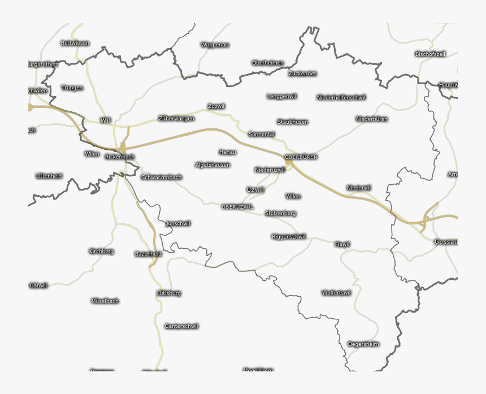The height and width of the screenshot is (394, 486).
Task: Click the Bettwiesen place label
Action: point(75,43)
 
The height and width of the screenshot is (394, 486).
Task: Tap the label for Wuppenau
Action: point(215,45)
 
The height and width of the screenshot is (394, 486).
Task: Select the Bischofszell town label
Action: point(431,54)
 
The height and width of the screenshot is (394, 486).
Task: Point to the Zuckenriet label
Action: point(302,73)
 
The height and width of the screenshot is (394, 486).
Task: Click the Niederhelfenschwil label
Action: point(341,98)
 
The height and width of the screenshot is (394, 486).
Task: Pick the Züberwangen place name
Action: point(176,119)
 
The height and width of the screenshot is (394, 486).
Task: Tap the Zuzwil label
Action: point(216,106)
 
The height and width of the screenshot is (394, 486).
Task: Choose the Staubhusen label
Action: point(293,122)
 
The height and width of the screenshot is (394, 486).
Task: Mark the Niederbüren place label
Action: point(372,119)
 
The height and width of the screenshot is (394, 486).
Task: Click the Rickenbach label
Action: point(120,157)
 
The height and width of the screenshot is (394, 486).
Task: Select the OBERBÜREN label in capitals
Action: point(301,157)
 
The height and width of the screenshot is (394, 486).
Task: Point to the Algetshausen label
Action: point(212,165)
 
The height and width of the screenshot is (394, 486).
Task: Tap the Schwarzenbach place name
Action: point(162,177)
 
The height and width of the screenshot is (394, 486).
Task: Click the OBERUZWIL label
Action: point(238,207)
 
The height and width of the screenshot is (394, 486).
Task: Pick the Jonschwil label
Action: point(178,224)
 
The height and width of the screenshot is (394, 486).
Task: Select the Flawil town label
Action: point(342,244)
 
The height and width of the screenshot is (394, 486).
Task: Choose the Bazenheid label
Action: point(148,254)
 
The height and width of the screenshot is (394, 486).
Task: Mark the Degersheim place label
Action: point(363,344)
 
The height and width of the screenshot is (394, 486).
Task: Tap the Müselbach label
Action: point(105,301)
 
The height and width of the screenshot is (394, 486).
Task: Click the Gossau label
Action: point(445,242)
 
